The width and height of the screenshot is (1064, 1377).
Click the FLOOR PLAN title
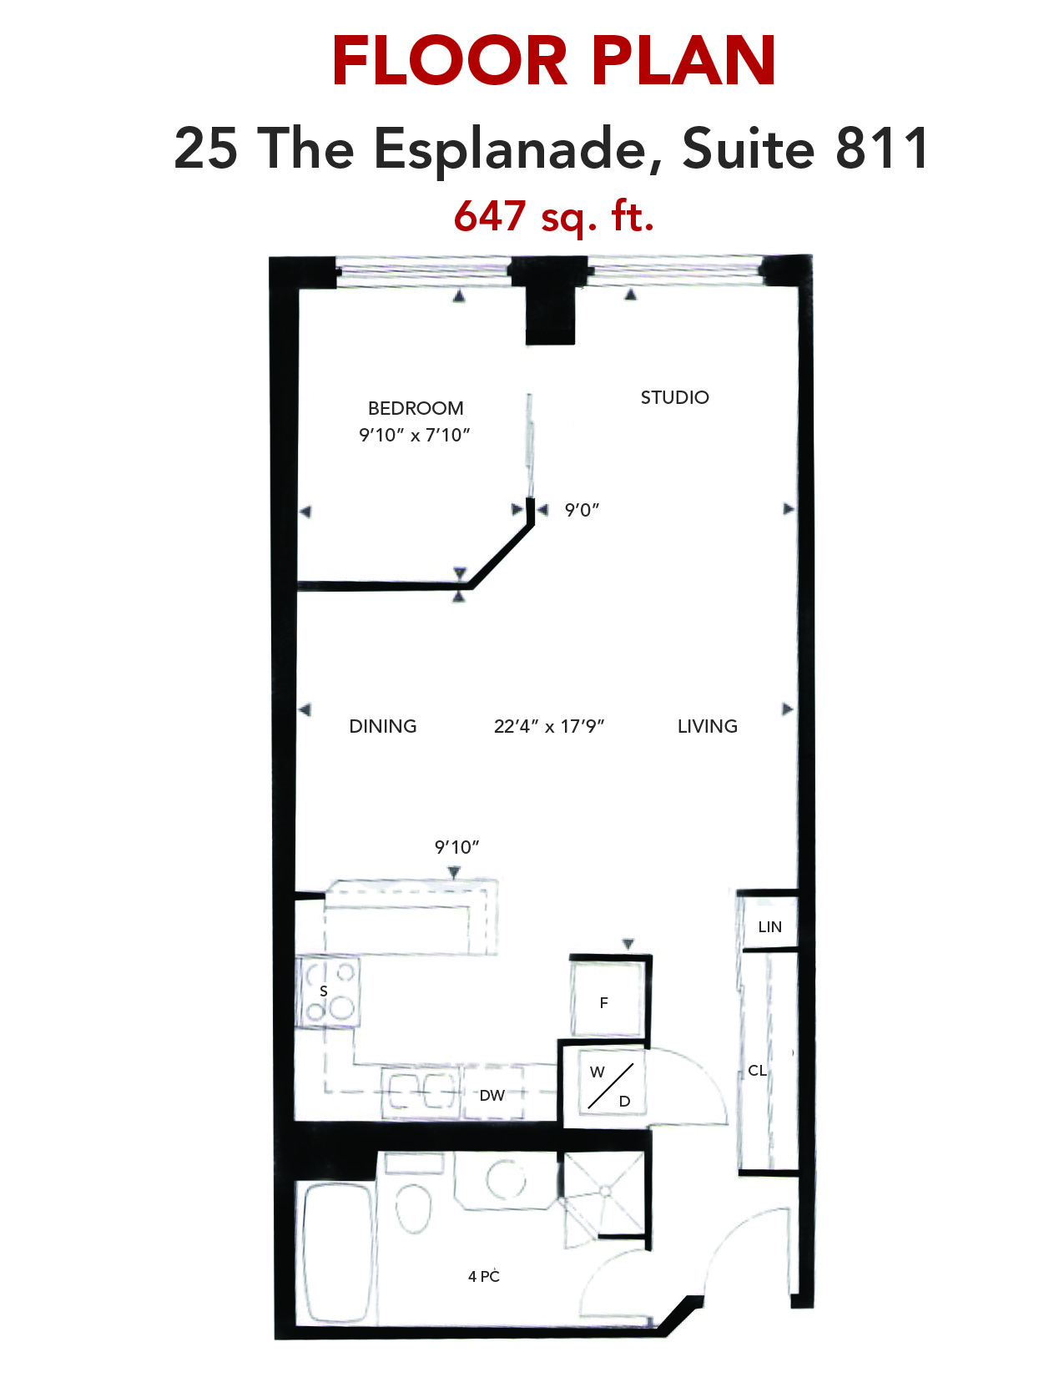[x=553, y=61]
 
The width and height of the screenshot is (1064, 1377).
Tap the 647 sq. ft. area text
[x=553, y=216]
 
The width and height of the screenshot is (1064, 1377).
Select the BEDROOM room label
[x=416, y=408]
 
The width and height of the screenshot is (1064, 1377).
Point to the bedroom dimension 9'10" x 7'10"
[x=415, y=436]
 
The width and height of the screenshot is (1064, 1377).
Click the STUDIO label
[x=675, y=397]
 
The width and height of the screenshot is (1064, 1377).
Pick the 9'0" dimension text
[x=582, y=510]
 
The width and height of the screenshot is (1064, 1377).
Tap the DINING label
[x=383, y=726]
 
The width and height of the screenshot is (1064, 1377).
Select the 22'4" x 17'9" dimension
[x=549, y=726]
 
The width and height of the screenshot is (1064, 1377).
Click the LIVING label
[x=707, y=726]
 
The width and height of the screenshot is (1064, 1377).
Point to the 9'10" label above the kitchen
[x=456, y=847]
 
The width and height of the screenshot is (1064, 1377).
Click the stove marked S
[x=328, y=992]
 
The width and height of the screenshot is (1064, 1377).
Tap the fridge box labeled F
[x=607, y=1001]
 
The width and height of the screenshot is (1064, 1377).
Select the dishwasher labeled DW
[x=493, y=1094]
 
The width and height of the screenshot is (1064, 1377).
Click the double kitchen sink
[x=420, y=1092]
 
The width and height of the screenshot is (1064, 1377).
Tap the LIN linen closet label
[x=770, y=927]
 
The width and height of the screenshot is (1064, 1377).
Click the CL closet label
[x=757, y=1071]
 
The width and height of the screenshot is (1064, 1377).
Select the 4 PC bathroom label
[x=483, y=1276]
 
